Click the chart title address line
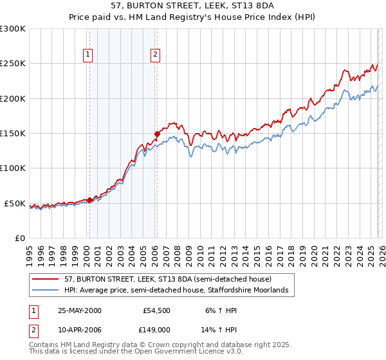pos(193,5)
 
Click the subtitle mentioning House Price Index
pos(193,17)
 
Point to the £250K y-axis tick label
pos(13,64)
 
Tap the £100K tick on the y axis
pos(13,168)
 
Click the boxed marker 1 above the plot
pos(87,55)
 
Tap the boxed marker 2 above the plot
pos(155,55)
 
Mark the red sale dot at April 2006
pos(156,134)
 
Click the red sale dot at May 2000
pos(90,200)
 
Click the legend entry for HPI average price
pos(179,291)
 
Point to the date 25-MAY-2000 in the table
pos(79,310)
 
